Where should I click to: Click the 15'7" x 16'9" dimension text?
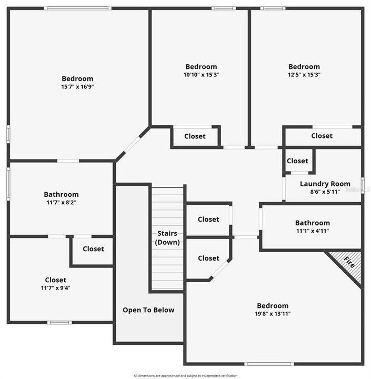(x=77, y=87)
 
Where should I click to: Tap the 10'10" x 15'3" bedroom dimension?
(x=201, y=75)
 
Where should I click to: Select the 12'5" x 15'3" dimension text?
(x=304, y=75)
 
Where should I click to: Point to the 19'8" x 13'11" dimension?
(x=273, y=314)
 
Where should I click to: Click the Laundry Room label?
(x=325, y=184)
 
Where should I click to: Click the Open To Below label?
(x=148, y=310)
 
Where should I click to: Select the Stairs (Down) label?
(x=167, y=238)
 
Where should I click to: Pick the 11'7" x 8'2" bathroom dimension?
(x=62, y=202)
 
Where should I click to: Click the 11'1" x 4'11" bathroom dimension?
(x=313, y=231)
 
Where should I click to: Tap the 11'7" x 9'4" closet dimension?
(x=55, y=288)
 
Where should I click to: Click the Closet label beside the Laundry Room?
(x=298, y=161)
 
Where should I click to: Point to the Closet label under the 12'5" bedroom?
(x=322, y=136)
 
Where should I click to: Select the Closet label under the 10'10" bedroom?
(x=195, y=136)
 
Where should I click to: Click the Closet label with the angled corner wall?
(x=208, y=258)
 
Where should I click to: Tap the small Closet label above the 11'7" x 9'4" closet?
(x=93, y=249)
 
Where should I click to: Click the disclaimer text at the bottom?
(x=185, y=375)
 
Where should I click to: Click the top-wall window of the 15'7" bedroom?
(x=77, y=8)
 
